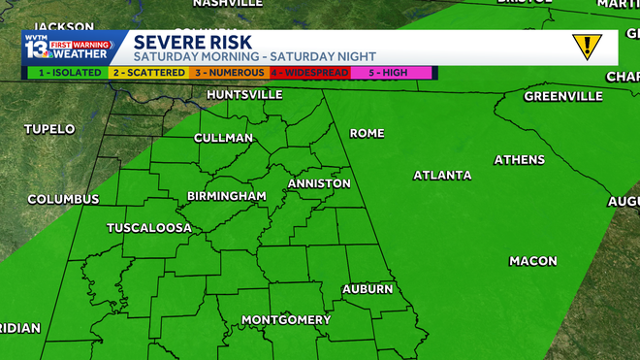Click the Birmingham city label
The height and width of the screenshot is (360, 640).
(x=227, y=196)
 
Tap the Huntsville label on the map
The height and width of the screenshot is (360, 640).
(x=244, y=95)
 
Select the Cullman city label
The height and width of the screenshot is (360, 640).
(x=224, y=138)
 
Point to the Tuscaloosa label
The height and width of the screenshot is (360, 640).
(x=148, y=229)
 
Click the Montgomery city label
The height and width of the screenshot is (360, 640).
(x=286, y=320)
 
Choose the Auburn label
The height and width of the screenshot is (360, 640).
(x=368, y=289)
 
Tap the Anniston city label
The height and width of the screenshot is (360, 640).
(x=319, y=183)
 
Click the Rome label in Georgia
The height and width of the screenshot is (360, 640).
(x=367, y=133)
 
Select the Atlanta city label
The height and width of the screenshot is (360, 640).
(x=442, y=176)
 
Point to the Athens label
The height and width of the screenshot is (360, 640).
(x=520, y=159)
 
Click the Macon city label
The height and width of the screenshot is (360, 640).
(x=533, y=261)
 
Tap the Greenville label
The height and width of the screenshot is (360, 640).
(x=564, y=96)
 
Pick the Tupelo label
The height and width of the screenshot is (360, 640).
(x=50, y=129)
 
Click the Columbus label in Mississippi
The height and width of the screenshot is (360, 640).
(x=63, y=199)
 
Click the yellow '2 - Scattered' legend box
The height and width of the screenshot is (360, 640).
(x=150, y=72)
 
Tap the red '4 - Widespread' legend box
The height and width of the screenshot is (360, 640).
(x=310, y=72)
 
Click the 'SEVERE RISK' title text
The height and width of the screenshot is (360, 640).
(x=192, y=42)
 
